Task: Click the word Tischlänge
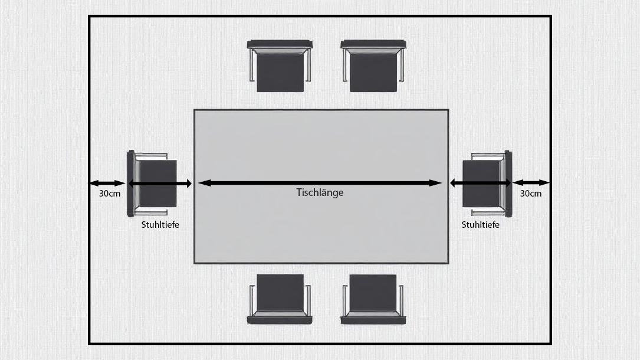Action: pos(320,192)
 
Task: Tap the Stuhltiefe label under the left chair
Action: pos(160,224)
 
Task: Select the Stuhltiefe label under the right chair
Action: pos(480,224)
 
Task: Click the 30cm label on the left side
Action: pos(109,194)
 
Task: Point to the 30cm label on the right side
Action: pos(531,194)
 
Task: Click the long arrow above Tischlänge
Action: pos(320,184)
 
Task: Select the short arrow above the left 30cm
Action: pos(107,184)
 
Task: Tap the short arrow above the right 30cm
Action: pos(531,183)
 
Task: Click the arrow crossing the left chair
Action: pos(160,184)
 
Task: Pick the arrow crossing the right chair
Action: pos(480,184)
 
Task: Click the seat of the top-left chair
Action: pos(280,73)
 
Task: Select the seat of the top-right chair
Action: pos(373,73)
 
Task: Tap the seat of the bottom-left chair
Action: pos(280,293)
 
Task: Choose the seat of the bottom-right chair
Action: pos(373,293)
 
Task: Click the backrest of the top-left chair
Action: pos(280,44)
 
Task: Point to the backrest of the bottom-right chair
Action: pos(373,320)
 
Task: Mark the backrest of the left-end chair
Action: pos(130,184)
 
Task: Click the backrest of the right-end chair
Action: pos(508,184)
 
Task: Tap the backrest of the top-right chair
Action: pos(373,44)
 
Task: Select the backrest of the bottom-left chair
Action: pos(280,320)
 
